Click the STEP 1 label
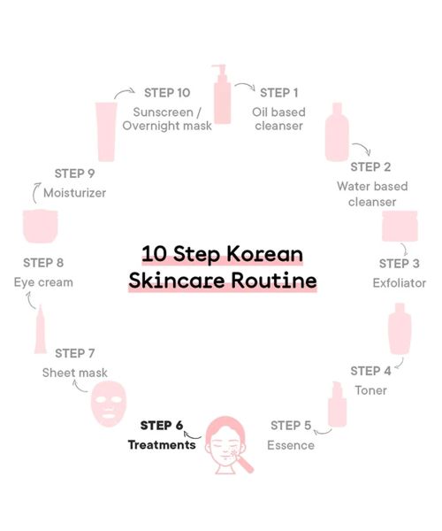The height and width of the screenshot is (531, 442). (280, 92)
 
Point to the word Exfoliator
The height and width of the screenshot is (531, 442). (399, 283)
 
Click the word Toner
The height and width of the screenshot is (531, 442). (370, 390)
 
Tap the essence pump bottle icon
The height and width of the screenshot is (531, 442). (337, 404)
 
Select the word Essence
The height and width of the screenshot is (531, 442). (291, 445)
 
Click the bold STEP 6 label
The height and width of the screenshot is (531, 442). (162, 426)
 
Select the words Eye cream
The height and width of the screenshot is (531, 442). (43, 282)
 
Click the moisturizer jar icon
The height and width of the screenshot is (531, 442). (41, 226)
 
